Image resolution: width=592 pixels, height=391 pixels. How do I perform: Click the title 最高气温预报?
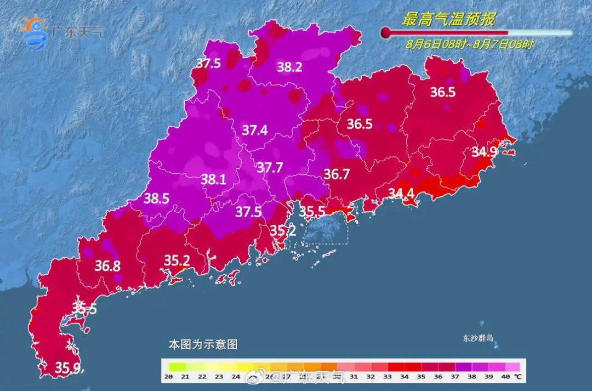[448, 20]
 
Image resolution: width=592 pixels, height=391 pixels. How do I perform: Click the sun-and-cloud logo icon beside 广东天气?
[33, 33]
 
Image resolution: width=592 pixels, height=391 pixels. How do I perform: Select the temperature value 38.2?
[289, 67]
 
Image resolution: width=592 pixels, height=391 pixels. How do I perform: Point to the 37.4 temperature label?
[254, 130]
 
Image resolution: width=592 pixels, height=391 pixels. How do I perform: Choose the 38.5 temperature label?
[156, 199]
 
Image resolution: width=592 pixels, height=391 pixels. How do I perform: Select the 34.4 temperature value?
[402, 193]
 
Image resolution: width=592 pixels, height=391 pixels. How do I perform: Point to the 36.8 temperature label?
[108, 266]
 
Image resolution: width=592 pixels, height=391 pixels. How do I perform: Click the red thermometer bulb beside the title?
[386, 33]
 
